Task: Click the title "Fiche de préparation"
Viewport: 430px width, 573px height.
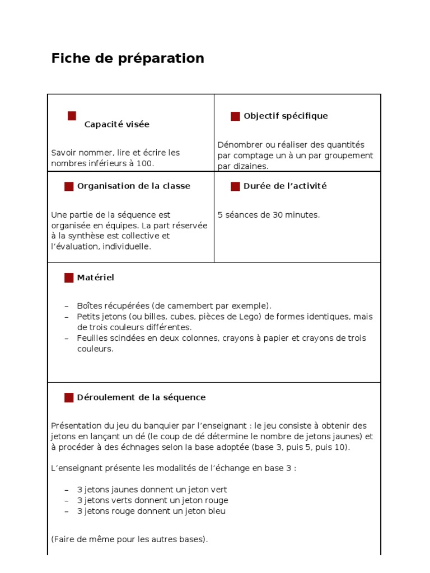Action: pyautogui.click(x=128, y=58)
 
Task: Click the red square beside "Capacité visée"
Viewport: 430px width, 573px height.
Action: pyautogui.click(x=72, y=116)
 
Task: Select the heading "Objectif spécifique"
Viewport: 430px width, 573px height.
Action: pyautogui.click(x=286, y=116)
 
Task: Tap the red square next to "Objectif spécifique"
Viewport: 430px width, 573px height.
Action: pyautogui.click(x=235, y=116)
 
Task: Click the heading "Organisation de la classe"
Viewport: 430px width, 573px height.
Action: pyautogui.click(x=133, y=186)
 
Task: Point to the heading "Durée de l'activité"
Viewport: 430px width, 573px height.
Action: pyautogui.click(x=284, y=186)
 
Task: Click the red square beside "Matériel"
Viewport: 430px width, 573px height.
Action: pyautogui.click(x=69, y=278)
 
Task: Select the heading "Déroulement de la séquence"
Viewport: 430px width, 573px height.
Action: pyautogui.click(x=141, y=397)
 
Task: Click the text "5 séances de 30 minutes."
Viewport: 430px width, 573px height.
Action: pyautogui.click(x=268, y=215)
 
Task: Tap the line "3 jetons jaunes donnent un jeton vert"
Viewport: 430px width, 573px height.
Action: pyautogui.click(x=152, y=490)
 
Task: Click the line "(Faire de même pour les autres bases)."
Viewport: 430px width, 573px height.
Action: pyautogui.click(x=129, y=539)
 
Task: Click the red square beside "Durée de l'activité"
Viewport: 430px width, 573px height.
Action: pyautogui.click(x=235, y=186)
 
